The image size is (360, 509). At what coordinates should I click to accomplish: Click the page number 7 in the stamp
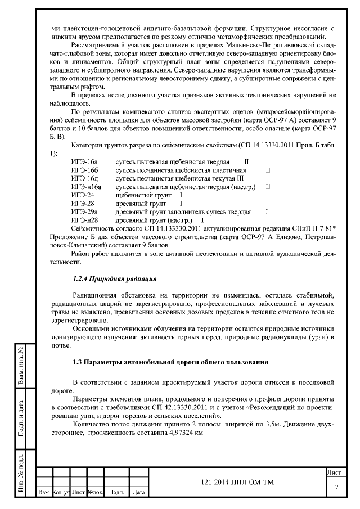click(336, 487)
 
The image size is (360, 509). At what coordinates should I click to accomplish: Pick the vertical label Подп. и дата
click(20, 417)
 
